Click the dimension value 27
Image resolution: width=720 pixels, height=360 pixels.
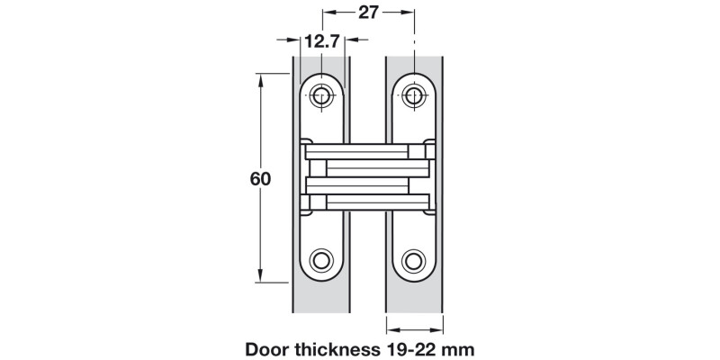(369, 13)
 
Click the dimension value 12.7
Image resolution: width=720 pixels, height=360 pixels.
(322, 41)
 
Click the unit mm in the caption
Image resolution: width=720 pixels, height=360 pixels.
(460, 347)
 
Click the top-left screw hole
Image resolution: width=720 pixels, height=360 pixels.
(322, 94)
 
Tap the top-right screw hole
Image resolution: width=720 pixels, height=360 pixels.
(413, 94)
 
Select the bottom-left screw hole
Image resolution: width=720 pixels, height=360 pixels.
(322, 261)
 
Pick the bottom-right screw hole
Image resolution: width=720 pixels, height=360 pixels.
(413, 261)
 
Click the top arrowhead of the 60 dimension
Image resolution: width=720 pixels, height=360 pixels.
(262, 79)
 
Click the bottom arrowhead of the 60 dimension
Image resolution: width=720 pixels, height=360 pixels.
(262, 277)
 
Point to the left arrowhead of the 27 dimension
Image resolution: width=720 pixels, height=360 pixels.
(328, 13)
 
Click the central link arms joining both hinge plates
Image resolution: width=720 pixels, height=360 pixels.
(367, 177)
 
